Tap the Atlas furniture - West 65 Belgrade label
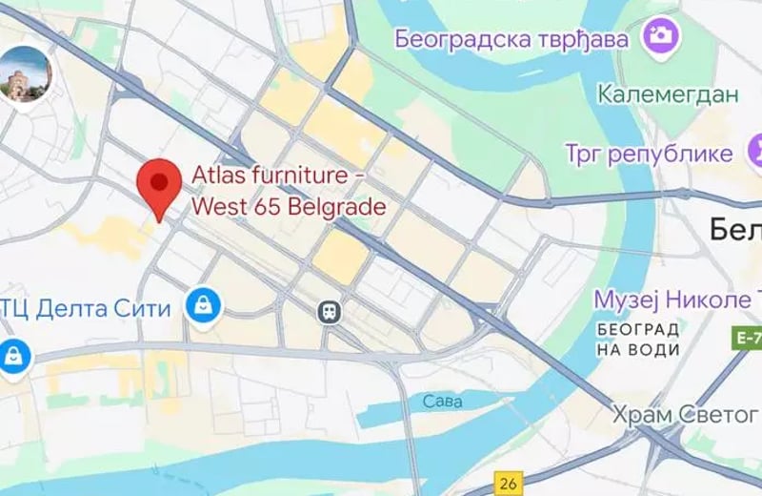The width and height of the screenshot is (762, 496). tap(290, 191)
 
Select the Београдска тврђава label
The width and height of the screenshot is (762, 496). tap(512, 39)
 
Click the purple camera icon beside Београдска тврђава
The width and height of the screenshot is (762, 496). tap(659, 37)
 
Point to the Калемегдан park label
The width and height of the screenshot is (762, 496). tap(668, 93)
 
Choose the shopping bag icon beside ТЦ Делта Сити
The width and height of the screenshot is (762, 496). tap(204, 306)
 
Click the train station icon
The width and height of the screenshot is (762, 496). tap(330, 311)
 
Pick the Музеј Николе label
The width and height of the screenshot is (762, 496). tap(677, 300)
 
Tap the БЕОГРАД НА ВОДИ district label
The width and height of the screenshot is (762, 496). tap(639, 339)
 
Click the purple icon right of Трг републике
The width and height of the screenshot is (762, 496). tap(755, 151)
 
